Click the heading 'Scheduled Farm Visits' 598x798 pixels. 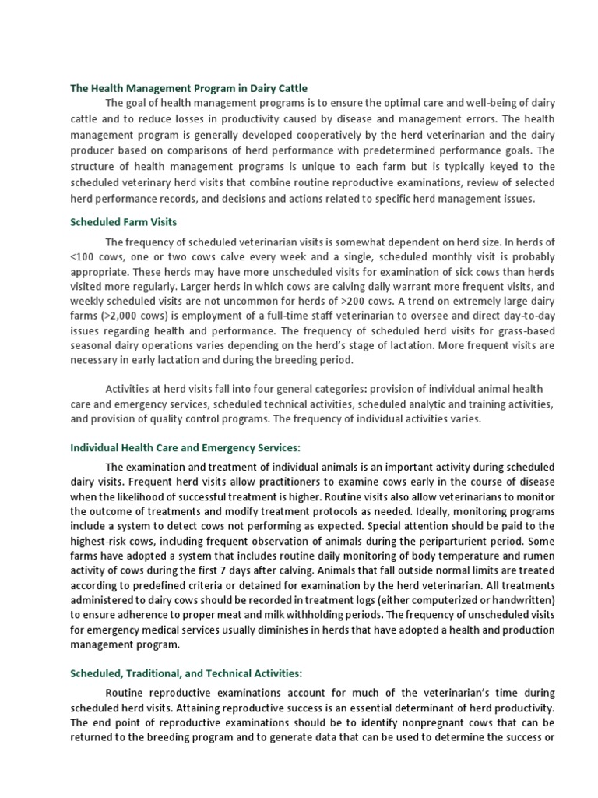[124, 222]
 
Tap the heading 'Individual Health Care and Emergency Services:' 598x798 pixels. [185, 448]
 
